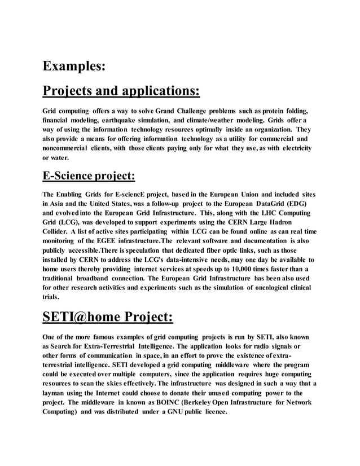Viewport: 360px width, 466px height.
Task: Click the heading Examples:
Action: [x=74, y=65]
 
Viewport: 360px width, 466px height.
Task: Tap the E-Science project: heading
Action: [x=89, y=176]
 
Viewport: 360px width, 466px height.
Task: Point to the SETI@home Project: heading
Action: [x=108, y=317]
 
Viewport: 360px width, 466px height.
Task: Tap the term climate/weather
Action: [x=226, y=121]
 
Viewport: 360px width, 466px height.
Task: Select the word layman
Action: [x=56, y=393]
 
